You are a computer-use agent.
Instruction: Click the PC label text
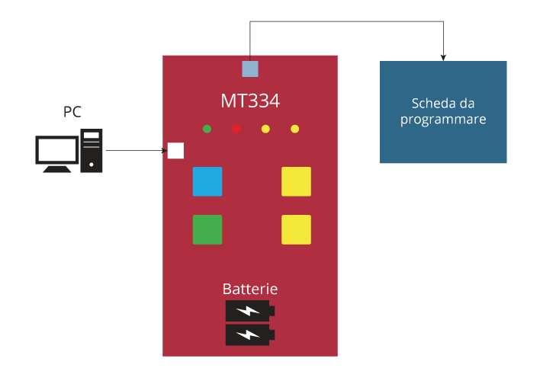click(72, 112)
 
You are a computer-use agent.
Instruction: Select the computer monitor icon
click(57, 152)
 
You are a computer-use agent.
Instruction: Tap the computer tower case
click(92, 150)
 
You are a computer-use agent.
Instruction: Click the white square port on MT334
click(175, 150)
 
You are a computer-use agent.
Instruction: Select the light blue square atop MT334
click(250, 69)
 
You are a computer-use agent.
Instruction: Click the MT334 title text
click(250, 101)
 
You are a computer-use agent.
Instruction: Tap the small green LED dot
click(207, 129)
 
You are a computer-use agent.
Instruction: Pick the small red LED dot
click(236, 129)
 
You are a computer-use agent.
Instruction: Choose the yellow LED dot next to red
click(265, 129)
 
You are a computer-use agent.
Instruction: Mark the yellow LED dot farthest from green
click(294, 129)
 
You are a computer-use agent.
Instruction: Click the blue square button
click(207, 181)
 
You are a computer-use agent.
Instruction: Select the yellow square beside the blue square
click(296, 181)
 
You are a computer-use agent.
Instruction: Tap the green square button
click(207, 229)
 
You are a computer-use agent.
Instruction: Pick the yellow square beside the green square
click(296, 229)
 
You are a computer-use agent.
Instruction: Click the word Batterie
click(250, 290)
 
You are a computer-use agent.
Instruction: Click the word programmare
click(443, 120)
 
